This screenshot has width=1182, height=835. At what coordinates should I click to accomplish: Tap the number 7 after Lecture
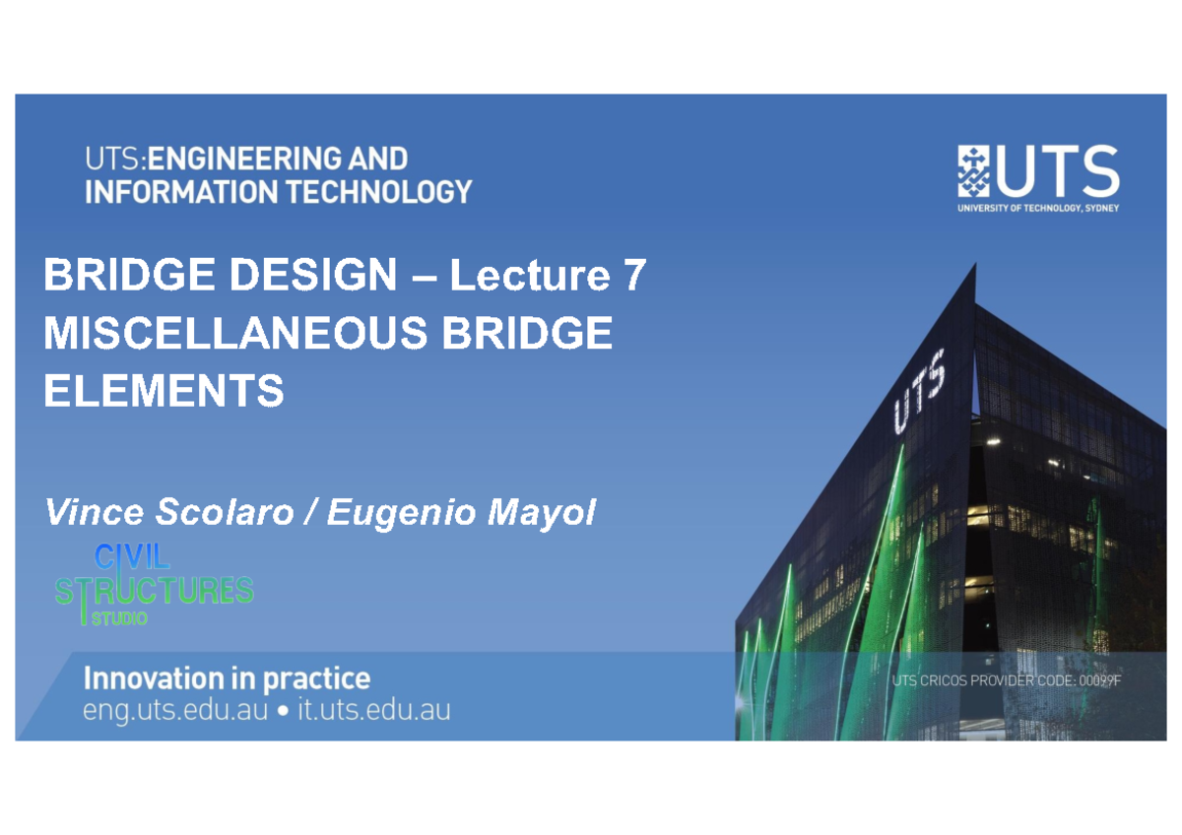pos(633,277)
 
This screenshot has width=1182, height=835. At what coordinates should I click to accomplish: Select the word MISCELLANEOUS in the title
pos(235,335)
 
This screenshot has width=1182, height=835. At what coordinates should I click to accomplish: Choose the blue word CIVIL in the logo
pos(132,558)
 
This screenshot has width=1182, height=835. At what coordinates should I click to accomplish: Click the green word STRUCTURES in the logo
pos(155,590)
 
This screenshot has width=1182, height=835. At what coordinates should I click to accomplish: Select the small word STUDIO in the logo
pos(119,619)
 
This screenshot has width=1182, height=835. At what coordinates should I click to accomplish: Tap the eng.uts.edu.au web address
pos(175,711)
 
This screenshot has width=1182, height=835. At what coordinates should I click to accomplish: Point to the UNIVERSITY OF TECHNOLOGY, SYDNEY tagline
pos(1038,207)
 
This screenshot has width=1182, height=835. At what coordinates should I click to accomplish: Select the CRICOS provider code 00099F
pos(1099,680)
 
